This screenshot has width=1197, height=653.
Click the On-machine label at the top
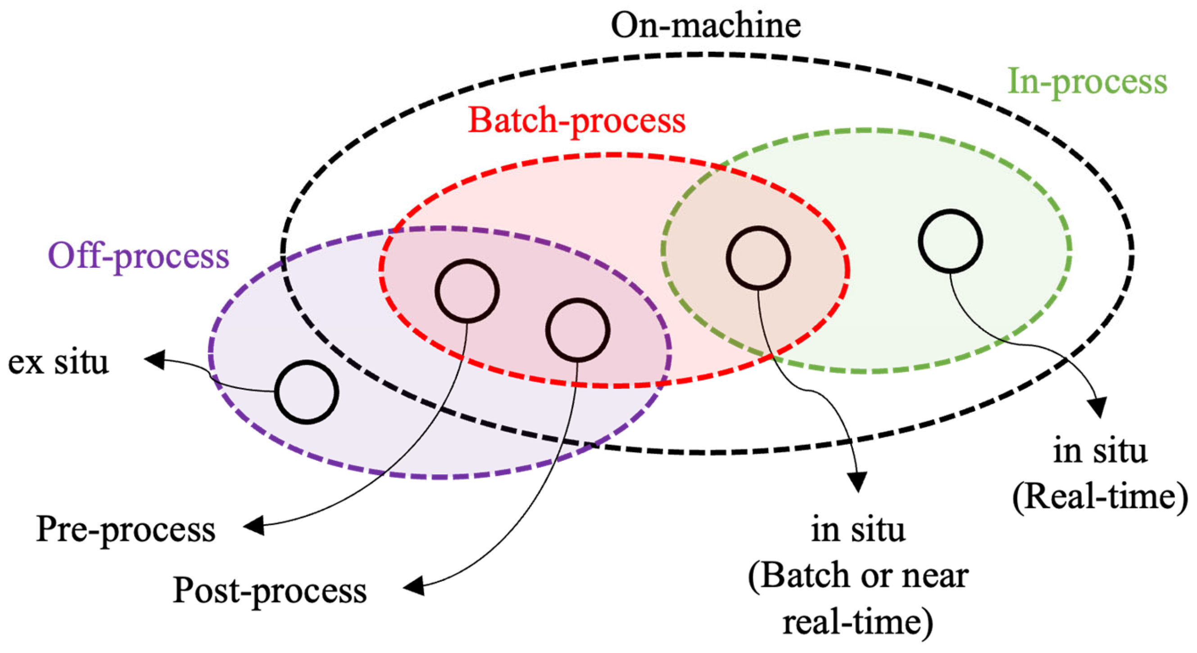pos(705,26)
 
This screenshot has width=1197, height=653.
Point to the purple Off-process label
pos(138,257)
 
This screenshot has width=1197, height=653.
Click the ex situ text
pos(58,362)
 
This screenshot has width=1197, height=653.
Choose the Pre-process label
pos(126,529)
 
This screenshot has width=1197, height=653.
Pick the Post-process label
pos(269,591)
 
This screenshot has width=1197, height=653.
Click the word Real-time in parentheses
pos(1100,497)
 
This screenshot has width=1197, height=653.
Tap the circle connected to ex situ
pos(307,392)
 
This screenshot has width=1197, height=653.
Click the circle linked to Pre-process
pos(467,291)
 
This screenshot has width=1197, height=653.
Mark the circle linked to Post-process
pos(578,330)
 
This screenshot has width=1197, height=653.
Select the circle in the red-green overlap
pos(758,258)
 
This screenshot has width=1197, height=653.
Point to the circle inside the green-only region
pos(950,241)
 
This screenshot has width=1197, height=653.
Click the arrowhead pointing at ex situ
pos(154,360)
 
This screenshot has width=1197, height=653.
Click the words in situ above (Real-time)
pos(1100,451)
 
